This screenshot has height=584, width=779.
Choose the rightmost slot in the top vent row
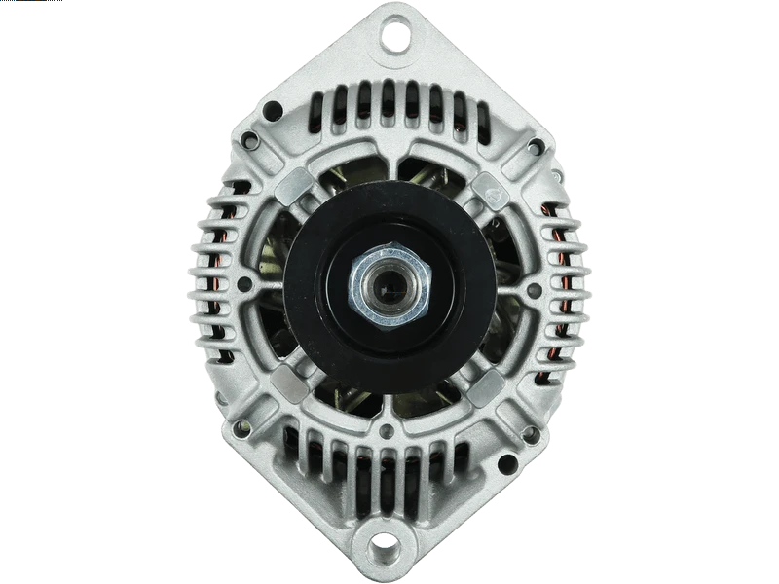pyautogui.click(x=458, y=109)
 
